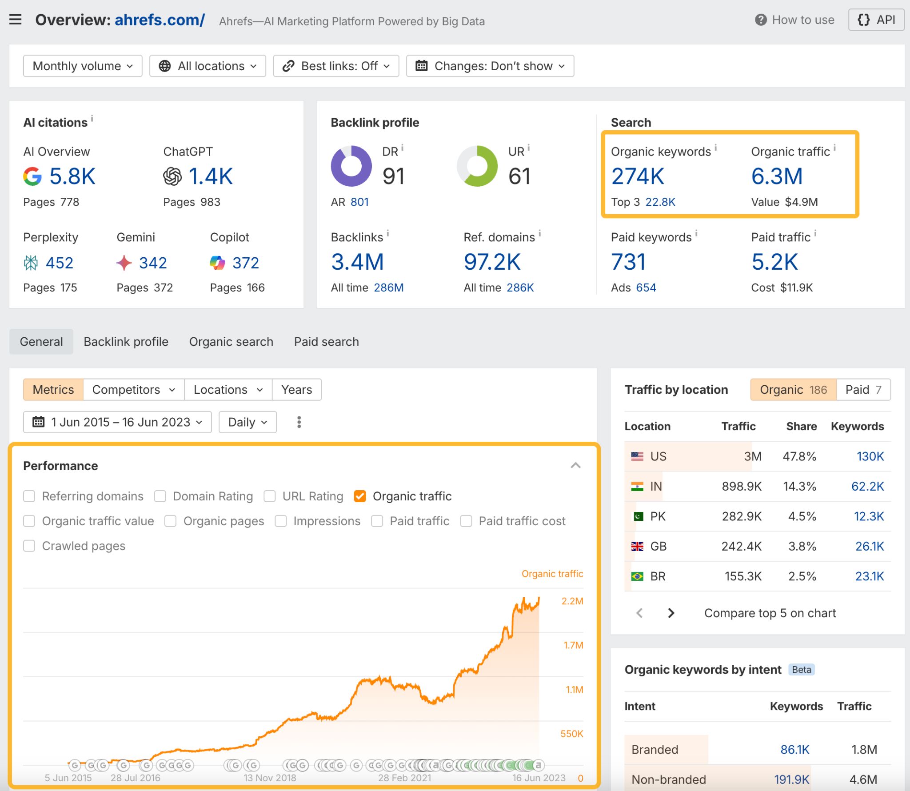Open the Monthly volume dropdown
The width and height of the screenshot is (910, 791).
pyautogui.click(x=83, y=66)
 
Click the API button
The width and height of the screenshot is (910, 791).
pyautogui.click(x=876, y=20)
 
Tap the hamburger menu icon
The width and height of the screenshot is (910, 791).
pyautogui.click(x=16, y=20)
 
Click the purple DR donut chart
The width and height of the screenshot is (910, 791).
pyautogui.click(x=351, y=166)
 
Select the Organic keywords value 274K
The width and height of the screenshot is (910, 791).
pyautogui.click(x=637, y=176)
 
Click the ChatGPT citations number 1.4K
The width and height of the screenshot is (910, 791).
pyautogui.click(x=210, y=176)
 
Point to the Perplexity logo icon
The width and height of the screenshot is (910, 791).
pyautogui.click(x=31, y=263)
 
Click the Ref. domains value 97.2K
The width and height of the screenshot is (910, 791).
pyautogui.click(x=491, y=262)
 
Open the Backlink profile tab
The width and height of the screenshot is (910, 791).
pyautogui.click(x=126, y=342)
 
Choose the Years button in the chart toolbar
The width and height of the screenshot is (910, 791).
pyautogui.click(x=296, y=390)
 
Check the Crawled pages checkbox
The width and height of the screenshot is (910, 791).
pyautogui.click(x=29, y=546)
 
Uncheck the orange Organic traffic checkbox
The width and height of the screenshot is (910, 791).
pyautogui.click(x=360, y=496)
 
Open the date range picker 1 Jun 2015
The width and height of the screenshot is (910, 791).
pyautogui.click(x=117, y=422)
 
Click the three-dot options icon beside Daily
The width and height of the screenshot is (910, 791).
pyautogui.click(x=299, y=422)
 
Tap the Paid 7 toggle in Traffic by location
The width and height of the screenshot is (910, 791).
pyautogui.click(x=863, y=390)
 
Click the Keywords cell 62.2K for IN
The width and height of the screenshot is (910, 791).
pyautogui.click(x=867, y=487)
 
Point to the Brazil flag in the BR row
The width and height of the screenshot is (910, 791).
pyautogui.click(x=637, y=576)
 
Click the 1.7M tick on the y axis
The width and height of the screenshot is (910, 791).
pyautogui.click(x=573, y=645)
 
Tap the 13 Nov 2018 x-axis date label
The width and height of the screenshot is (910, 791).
pyautogui.click(x=270, y=778)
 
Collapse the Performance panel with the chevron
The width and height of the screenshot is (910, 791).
pyautogui.click(x=575, y=466)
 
